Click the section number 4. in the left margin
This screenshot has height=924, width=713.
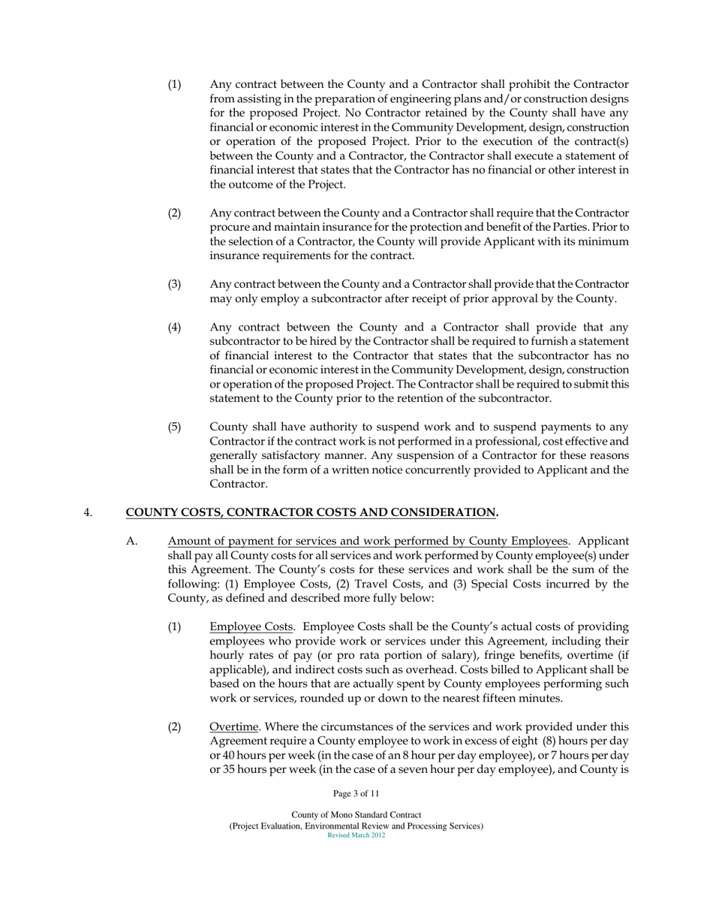click(88, 513)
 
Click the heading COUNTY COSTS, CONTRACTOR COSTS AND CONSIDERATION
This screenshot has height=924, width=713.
click(311, 513)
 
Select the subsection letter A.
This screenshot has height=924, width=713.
click(131, 541)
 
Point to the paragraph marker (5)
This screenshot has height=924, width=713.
click(174, 427)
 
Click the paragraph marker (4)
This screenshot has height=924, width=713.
click(174, 328)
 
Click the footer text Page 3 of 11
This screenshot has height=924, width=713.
click(356, 793)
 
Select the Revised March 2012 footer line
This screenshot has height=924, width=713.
click(356, 835)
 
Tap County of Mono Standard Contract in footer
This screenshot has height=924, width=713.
click(356, 815)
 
